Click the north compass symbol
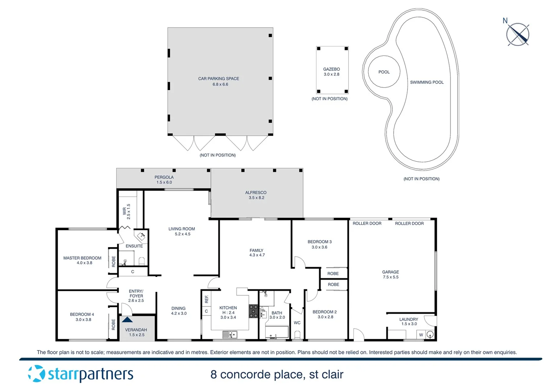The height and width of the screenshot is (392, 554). (x=518, y=34)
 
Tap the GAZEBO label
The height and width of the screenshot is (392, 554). (x=331, y=69)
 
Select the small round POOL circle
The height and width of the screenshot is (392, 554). (x=384, y=72)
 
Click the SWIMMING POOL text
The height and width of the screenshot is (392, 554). (x=427, y=82)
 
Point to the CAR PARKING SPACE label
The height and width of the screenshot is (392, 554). (x=219, y=78)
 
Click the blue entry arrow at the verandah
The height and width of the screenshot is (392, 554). (x=127, y=320)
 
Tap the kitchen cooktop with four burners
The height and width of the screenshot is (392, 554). (x=253, y=311)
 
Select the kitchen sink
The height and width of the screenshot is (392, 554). (x=230, y=334)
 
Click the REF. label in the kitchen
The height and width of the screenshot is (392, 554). (x=207, y=299)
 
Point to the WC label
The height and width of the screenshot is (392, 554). (x=297, y=323)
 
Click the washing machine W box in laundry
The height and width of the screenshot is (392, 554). (x=421, y=335)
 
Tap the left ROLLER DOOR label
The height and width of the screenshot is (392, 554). (x=367, y=224)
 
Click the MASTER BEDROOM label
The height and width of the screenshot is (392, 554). (x=82, y=258)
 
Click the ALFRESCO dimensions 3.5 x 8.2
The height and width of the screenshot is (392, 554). (x=256, y=198)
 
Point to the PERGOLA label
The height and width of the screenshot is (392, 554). (x=164, y=177)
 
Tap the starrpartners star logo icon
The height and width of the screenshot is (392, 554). (x=36, y=373)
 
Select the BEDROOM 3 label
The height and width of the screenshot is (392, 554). (x=319, y=242)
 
